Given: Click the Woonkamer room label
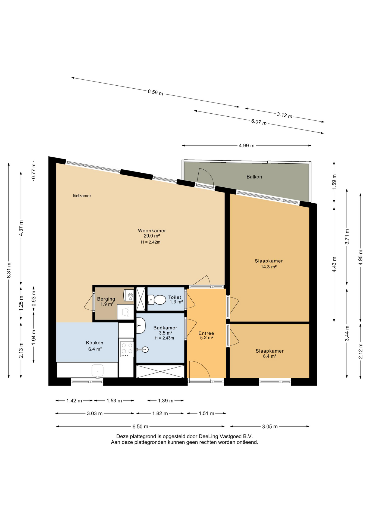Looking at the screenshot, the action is coord(152,231).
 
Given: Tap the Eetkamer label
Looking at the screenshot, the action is coord(82,195).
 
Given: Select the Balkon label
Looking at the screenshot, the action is coord(254,177).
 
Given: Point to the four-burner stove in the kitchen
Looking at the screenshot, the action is coord(127,349).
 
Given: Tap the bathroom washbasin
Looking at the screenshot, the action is coord(141,325).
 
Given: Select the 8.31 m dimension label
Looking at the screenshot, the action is coord(9,270).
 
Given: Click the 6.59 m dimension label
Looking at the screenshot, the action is coord(155,92).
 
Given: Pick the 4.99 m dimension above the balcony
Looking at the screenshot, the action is coord(247,146).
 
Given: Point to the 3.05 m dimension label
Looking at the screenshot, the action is coord(270,427).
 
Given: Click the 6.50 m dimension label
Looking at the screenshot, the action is coord(140,427).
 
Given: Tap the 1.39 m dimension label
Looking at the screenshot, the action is coord(166,401).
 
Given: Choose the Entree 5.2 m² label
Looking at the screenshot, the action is coord(206,335).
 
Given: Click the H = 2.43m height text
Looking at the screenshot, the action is coord(164,338).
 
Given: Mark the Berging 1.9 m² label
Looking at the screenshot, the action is coord(106,302).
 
